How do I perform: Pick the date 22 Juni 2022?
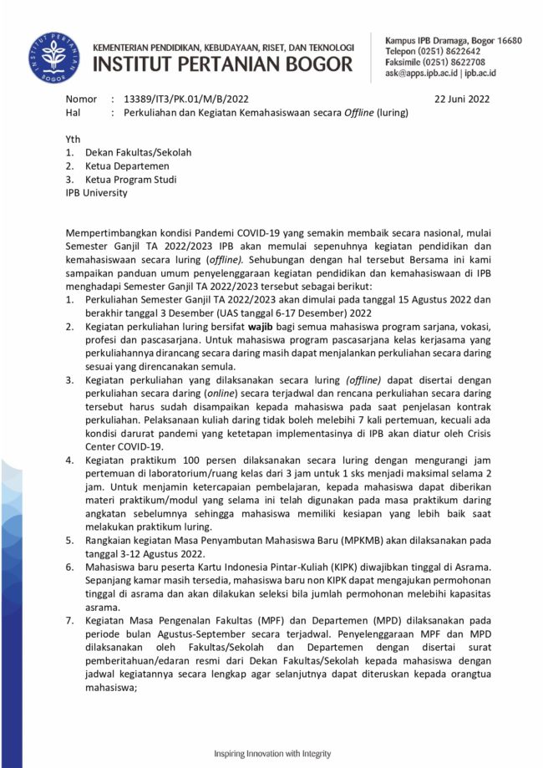(462, 99)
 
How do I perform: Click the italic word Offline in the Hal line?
(364, 112)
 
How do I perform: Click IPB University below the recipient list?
(97, 192)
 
